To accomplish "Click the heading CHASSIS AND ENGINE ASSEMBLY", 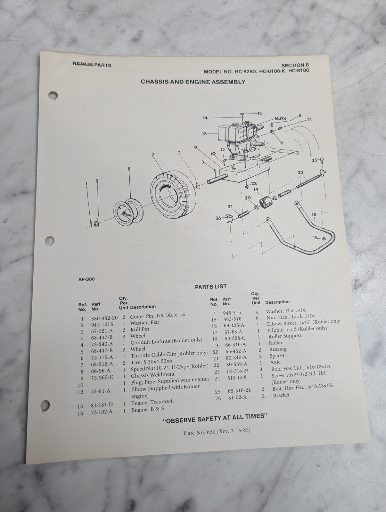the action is point(193,82).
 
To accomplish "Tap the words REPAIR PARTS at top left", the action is point(92,65).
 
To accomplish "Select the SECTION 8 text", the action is point(295,65).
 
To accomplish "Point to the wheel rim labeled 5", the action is point(129,212).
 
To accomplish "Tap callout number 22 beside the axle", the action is point(300,172).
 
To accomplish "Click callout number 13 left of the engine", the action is point(204,134).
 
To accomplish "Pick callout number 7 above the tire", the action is point(153,155).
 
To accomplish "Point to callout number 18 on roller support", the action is point(314,215).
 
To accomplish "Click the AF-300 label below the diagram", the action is point(86,279).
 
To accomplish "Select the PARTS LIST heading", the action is point(211,286).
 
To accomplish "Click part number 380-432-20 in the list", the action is point(104,318).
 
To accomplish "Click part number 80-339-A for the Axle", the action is point(236,364).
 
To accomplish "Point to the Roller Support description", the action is point(285,336).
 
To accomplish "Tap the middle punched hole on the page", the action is point(49,241).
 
